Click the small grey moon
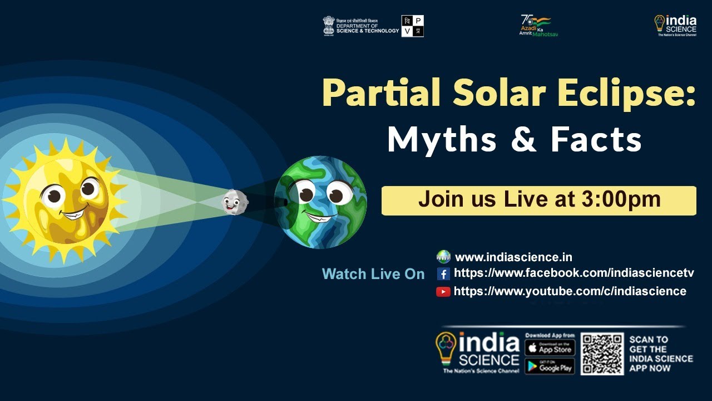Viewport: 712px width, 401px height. (234, 202)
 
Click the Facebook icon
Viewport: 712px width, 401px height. (443, 273)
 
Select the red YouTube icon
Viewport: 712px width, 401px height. (443, 291)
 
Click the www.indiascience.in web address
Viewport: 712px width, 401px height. (513, 257)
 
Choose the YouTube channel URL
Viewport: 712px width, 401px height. (570, 291)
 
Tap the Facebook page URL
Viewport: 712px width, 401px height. (573, 273)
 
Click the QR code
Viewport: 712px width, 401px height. (602, 354)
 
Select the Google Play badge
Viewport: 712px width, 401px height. (550, 366)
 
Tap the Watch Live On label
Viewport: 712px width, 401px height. (373, 274)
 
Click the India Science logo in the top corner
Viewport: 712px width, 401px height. (675, 25)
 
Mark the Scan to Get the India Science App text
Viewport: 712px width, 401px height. (661, 354)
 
